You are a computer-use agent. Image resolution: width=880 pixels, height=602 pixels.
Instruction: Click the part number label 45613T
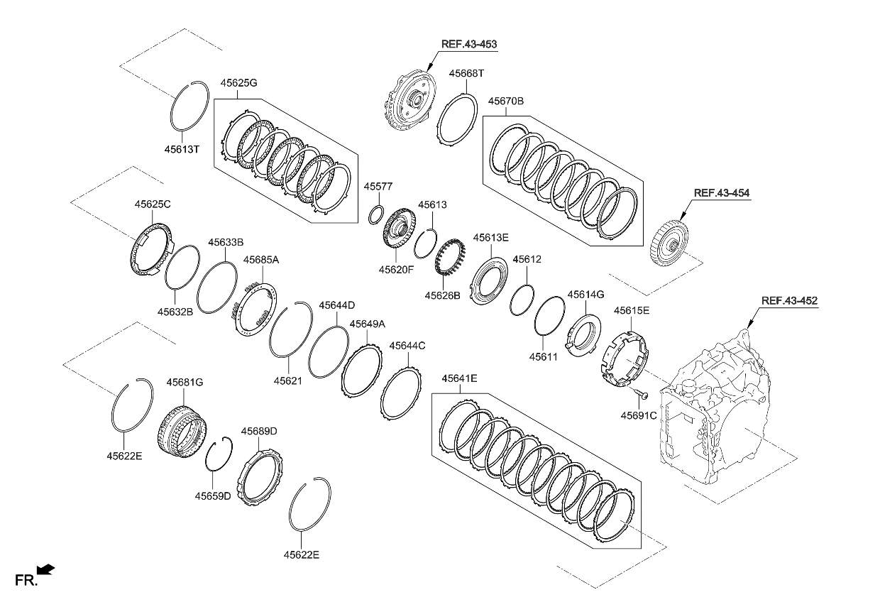click(182, 150)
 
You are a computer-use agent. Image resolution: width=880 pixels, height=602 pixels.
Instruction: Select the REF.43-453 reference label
click(469, 44)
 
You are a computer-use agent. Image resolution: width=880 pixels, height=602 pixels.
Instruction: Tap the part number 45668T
click(466, 73)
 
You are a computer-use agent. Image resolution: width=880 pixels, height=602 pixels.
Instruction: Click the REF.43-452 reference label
click(789, 300)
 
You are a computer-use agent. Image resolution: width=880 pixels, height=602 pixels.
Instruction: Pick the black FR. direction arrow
click(46, 569)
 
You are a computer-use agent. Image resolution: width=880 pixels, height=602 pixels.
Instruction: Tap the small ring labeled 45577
click(377, 213)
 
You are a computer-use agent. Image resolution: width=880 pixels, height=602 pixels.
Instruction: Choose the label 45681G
click(185, 382)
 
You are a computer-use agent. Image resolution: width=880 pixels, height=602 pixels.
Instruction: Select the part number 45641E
click(459, 378)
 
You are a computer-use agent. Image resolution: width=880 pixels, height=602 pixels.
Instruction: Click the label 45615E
click(631, 310)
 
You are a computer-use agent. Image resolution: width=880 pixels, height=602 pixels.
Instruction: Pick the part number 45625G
click(238, 83)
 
